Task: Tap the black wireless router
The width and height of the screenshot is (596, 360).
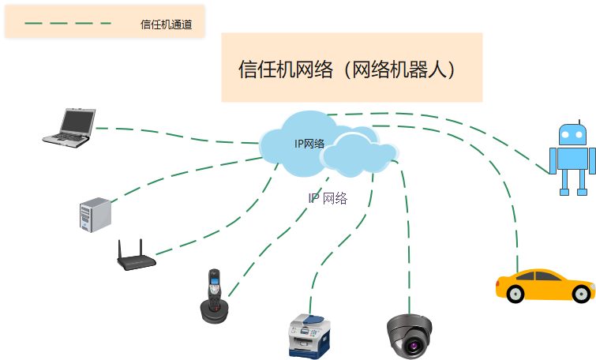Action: (x=134, y=258)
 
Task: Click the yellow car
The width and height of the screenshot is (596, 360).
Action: (x=544, y=285)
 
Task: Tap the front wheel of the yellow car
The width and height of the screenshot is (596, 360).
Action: (x=516, y=293)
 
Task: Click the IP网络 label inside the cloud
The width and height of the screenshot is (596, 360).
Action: (x=309, y=143)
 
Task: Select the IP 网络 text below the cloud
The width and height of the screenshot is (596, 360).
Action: (x=328, y=197)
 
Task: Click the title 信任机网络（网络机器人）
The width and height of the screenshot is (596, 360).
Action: (x=351, y=69)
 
